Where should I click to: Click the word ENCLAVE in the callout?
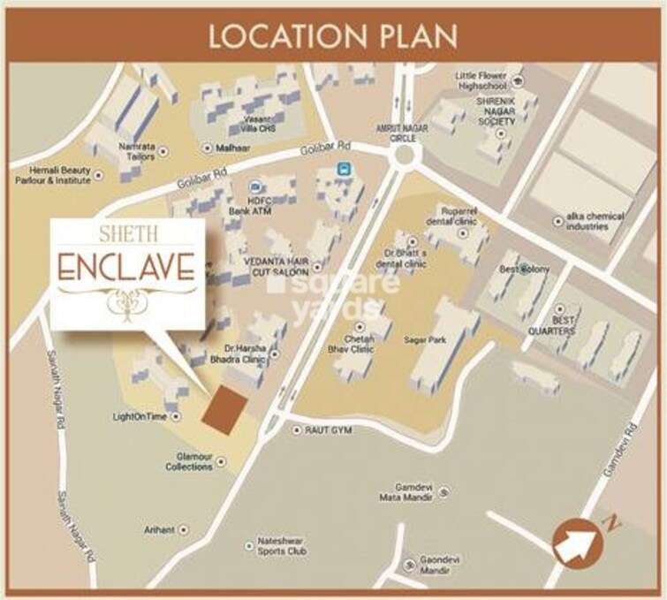point(127,266)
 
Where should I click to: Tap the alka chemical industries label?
point(596,221)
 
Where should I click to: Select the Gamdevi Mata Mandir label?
point(405,493)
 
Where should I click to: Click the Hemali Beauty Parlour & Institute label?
point(48,175)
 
